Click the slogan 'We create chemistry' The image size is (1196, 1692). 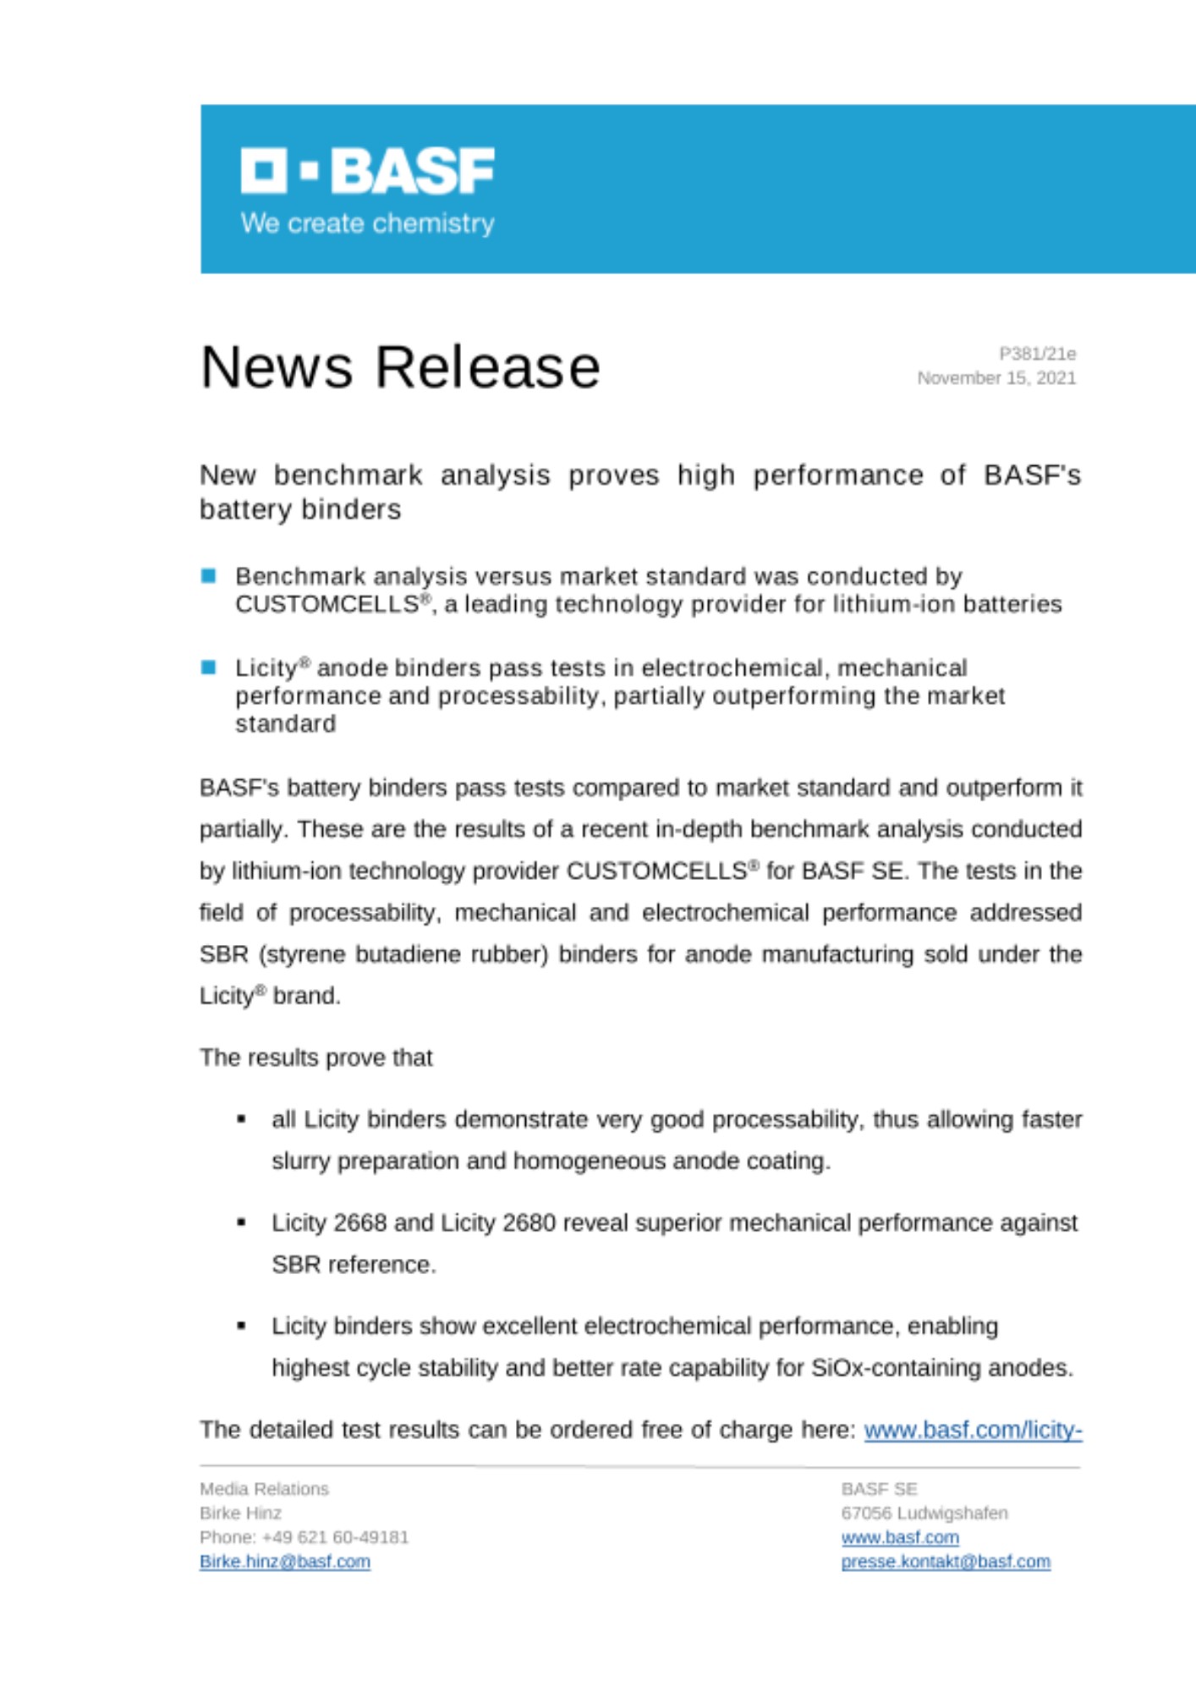pyautogui.click(x=367, y=223)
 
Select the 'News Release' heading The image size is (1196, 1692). pyautogui.click(x=400, y=367)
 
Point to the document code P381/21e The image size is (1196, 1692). pyautogui.click(x=1037, y=354)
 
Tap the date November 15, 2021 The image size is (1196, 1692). pyautogui.click(x=996, y=378)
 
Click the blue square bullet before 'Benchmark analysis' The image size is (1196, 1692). pyautogui.click(x=209, y=576)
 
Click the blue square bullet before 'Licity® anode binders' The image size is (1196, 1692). pyautogui.click(x=209, y=667)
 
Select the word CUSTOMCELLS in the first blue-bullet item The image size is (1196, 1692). pyautogui.click(x=326, y=604)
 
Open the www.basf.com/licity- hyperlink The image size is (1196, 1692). pyautogui.click(x=973, y=1430)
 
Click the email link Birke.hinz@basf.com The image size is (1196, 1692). pyautogui.click(x=285, y=1562)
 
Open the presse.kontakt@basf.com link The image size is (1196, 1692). pyautogui.click(x=946, y=1562)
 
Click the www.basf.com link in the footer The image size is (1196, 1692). pyautogui.click(x=900, y=1537)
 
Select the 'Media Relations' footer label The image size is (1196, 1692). pyautogui.click(x=264, y=1489)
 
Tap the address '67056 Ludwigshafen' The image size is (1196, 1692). pyautogui.click(x=924, y=1513)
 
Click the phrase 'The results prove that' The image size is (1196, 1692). pyautogui.click(x=315, y=1057)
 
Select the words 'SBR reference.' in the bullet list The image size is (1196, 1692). pyautogui.click(x=354, y=1265)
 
